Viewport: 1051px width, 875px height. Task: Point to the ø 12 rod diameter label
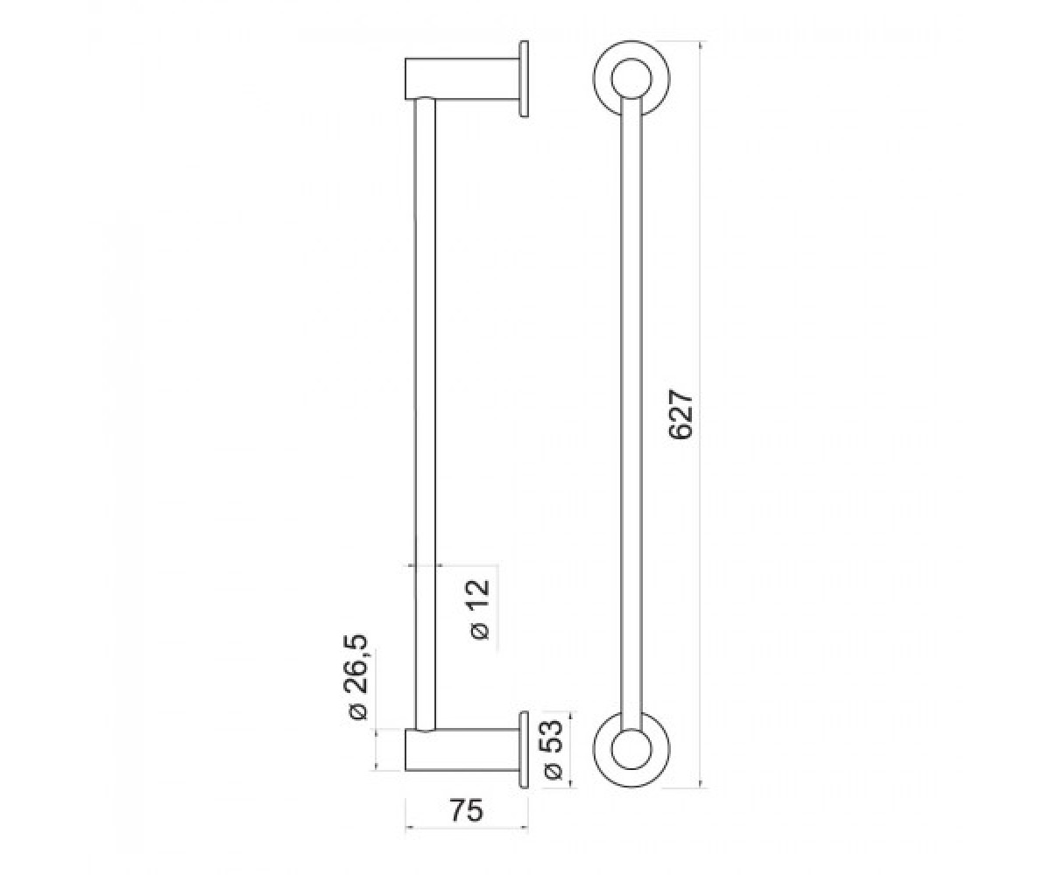tap(480, 610)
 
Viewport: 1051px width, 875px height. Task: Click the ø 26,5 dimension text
tap(359, 677)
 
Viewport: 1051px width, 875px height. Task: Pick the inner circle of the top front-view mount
tap(631, 80)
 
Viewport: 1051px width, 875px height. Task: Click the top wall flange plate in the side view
tap(524, 79)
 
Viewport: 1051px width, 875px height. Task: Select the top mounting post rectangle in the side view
tap(462, 79)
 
